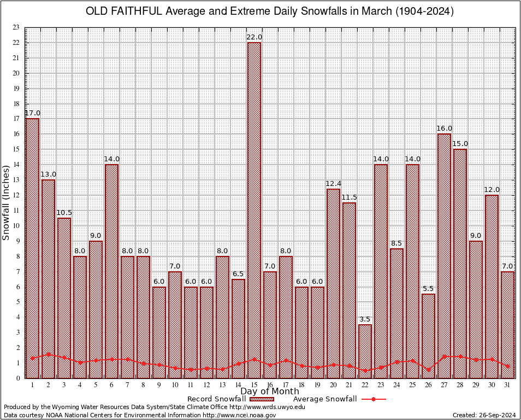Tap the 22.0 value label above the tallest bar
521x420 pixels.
(x=254, y=37)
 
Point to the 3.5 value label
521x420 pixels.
(x=365, y=319)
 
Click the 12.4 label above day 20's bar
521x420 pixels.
(x=333, y=183)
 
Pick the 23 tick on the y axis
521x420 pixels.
(x=15, y=27)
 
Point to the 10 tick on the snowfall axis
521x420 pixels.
(x=15, y=225)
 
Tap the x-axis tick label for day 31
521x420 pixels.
(x=507, y=385)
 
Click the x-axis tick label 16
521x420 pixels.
(x=270, y=385)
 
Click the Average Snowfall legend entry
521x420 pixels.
(x=324, y=399)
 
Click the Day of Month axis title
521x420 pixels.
(x=269, y=392)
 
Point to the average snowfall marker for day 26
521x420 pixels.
(x=428, y=370)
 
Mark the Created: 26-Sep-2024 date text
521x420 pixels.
(x=484, y=415)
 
